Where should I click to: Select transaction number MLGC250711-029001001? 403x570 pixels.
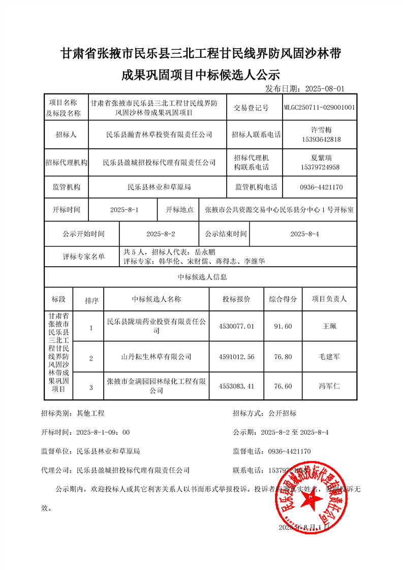tap(320, 108)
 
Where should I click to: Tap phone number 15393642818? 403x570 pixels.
tap(321, 139)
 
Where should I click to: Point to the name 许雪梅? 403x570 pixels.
tap(321, 130)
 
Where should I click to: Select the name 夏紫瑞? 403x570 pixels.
tap(321, 158)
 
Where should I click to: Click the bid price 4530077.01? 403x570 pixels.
tap(236, 326)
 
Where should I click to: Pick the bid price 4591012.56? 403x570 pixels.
tap(236, 357)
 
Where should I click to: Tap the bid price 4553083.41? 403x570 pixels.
tap(236, 387)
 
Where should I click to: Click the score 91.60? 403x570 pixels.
tap(283, 326)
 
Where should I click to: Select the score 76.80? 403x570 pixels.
tap(283, 357)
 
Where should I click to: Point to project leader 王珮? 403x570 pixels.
tap(329, 326)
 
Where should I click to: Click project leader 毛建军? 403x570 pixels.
tap(329, 357)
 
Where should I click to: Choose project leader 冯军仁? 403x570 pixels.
tap(329, 387)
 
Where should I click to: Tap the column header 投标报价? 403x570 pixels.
tap(236, 299)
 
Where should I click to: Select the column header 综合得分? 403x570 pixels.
tap(283, 299)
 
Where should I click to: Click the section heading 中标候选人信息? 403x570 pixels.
tap(202, 277)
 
